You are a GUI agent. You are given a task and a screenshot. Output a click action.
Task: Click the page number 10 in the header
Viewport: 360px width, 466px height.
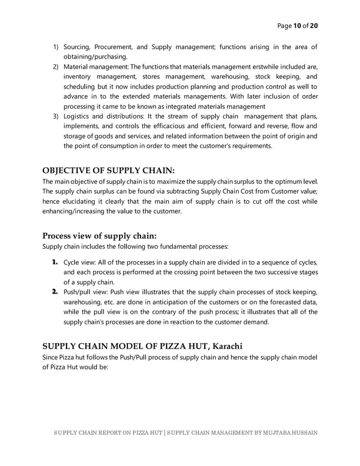[296, 25]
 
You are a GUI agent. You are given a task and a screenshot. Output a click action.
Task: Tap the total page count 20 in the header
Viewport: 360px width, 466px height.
[314, 25]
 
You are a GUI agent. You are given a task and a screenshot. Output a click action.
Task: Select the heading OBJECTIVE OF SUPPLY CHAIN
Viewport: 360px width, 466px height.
[108, 171]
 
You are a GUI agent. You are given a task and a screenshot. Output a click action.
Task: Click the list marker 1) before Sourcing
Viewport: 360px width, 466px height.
[56, 47]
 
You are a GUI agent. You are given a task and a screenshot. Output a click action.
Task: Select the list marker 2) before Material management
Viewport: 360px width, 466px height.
[56, 67]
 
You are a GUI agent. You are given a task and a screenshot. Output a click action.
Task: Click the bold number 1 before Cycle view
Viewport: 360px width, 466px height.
[55, 262]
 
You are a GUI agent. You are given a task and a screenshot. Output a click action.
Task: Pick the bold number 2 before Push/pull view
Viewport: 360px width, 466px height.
[55, 292]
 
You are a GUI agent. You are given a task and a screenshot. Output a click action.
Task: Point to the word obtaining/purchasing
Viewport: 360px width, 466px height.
[95, 57]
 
